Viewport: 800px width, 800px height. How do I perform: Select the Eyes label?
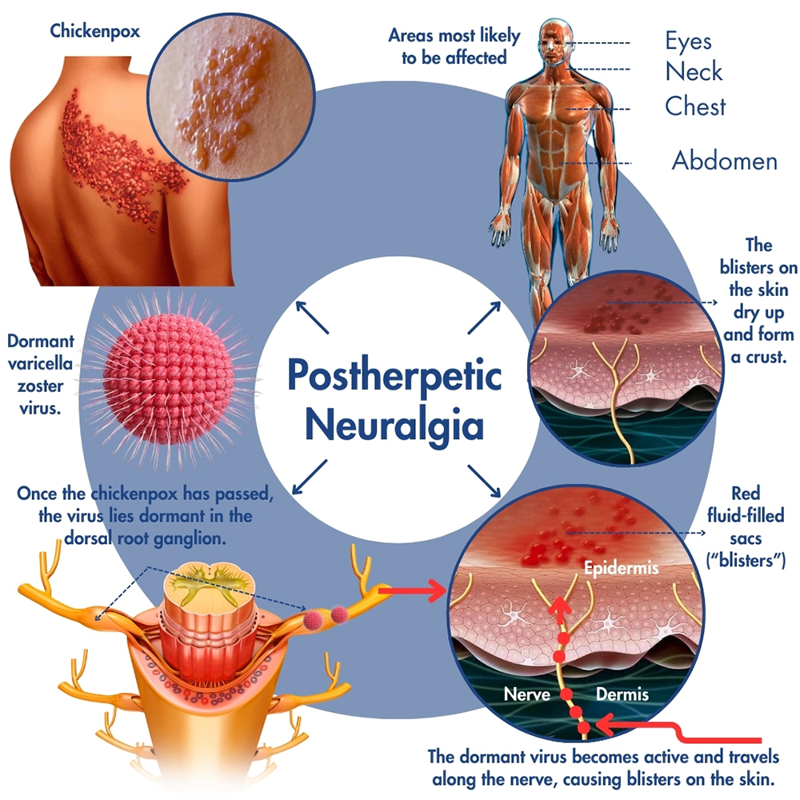688,40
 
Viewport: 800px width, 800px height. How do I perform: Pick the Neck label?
694,72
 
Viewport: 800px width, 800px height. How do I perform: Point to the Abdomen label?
724,161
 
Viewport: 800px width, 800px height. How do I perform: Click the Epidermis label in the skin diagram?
621,569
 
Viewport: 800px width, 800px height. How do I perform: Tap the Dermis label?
622,694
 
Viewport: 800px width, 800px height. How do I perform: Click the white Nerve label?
526,694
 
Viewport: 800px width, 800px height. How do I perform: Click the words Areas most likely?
454,36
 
